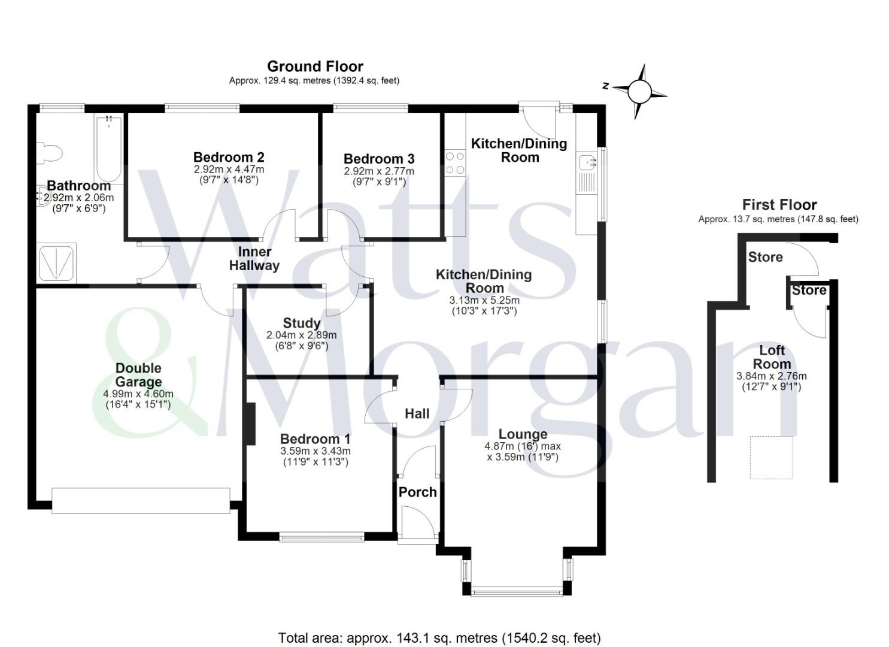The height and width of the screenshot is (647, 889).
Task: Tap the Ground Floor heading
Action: click(315, 66)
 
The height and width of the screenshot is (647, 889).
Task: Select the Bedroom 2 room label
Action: click(229, 157)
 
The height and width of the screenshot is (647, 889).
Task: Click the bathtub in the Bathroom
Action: click(109, 149)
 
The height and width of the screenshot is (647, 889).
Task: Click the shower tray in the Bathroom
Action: click(56, 262)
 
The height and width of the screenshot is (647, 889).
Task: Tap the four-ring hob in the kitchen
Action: click(455, 162)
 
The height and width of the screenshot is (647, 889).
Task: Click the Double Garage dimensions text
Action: click(138, 399)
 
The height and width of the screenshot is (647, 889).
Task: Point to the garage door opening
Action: click(141, 500)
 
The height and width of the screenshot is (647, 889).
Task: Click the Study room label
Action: click(301, 323)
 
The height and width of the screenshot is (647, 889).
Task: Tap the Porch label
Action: click(417, 492)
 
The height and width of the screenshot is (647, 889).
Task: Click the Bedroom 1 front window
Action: click(321, 537)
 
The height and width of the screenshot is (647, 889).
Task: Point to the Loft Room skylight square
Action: click(771, 457)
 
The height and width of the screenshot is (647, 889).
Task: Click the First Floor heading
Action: click(779, 204)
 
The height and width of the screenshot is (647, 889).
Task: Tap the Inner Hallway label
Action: click(254, 258)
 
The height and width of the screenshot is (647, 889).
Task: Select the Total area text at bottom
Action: click(439, 637)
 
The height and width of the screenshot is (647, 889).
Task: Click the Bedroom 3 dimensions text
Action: click(378, 176)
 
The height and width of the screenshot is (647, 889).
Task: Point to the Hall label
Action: click(417, 413)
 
